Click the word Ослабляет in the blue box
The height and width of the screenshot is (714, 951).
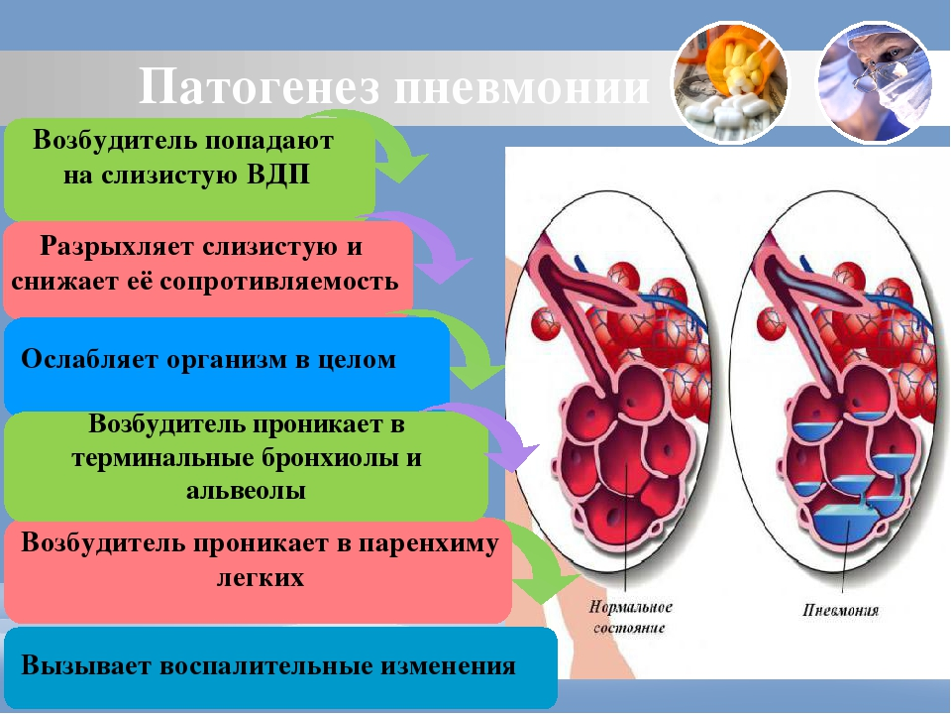coord(89,359)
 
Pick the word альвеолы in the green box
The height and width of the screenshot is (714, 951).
coord(246,491)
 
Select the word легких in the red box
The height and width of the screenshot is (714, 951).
coord(261,577)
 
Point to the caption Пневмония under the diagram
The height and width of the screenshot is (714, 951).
coord(841,610)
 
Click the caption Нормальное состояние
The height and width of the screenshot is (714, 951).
coord(630,618)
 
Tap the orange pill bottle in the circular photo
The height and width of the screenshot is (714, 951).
coord(735,58)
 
